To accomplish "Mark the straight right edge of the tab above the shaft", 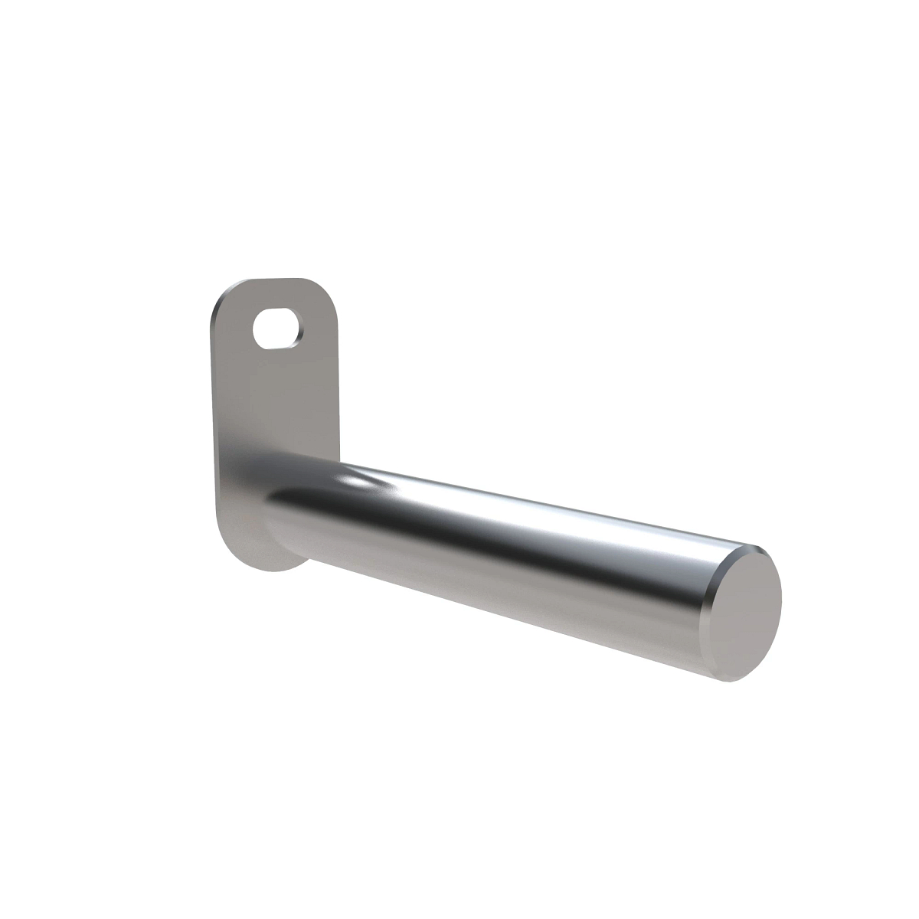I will point(337,383).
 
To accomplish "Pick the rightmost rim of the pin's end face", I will point(780,605).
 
